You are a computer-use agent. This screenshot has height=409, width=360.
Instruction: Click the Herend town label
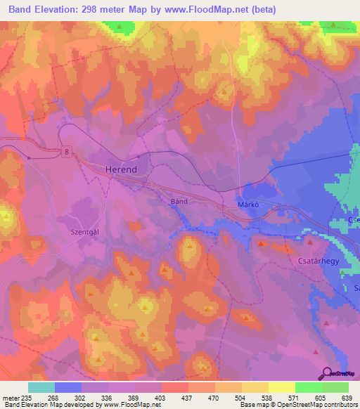(120, 170)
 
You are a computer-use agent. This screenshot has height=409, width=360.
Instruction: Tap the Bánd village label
(179, 201)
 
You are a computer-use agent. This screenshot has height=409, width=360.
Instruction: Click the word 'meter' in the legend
(10, 397)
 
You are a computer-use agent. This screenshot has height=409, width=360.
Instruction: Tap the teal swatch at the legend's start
(41, 387)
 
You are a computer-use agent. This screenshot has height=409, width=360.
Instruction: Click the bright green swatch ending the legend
(335, 387)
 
